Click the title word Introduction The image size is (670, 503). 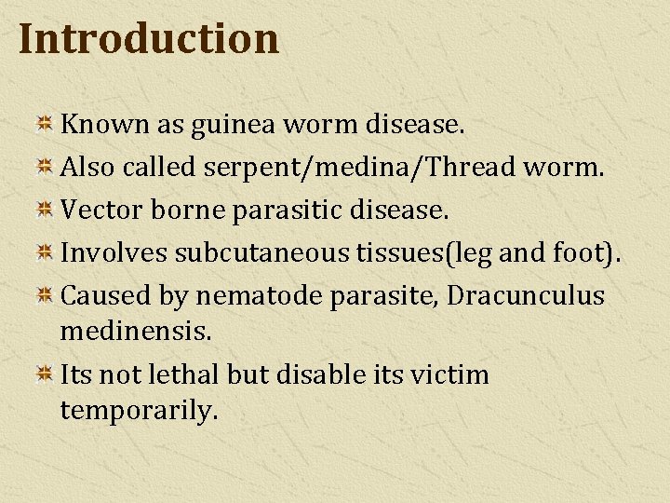coord(148,39)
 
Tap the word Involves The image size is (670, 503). coord(114,252)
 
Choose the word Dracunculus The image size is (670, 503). coord(526,295)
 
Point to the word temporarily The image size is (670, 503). coord(139,410)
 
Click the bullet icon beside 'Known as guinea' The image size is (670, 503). coord(44,124)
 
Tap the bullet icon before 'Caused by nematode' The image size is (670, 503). coord(44,296)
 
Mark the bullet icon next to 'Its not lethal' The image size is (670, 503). coord(44,375)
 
